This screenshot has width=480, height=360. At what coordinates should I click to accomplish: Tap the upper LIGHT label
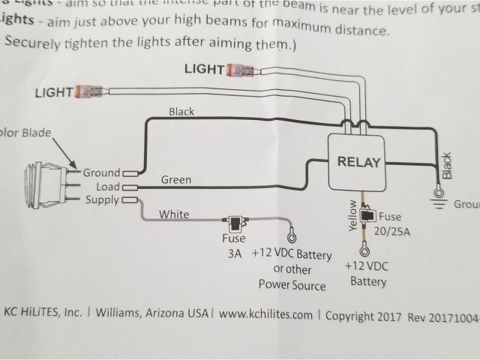pos(203,70)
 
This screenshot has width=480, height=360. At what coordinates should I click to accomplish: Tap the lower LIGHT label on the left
pos(54,92)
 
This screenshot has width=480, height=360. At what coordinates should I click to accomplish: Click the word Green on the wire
pos(175,180)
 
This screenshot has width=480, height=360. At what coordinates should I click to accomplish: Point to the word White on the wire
pos(174,214)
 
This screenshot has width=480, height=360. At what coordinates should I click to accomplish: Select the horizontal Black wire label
pos(181,112)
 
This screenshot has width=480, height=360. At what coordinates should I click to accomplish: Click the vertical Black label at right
pos(447,166)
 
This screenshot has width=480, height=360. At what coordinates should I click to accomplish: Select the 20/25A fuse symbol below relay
pos(367,216)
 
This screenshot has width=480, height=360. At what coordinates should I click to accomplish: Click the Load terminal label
pos(105,186)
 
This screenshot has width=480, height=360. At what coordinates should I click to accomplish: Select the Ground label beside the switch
pos(101,172)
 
